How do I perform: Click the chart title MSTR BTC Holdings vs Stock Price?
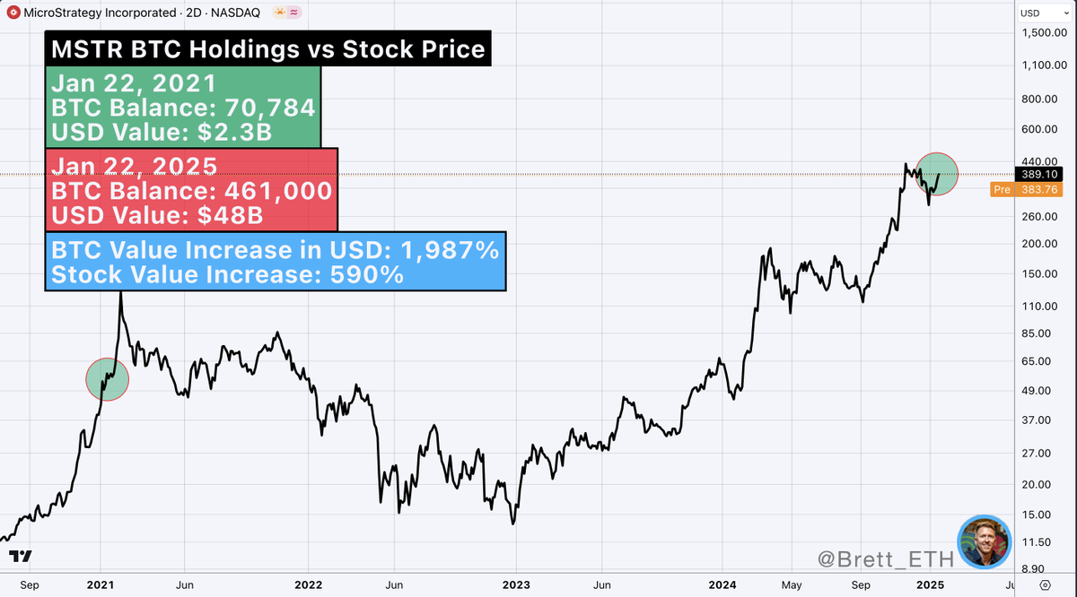(267, 48)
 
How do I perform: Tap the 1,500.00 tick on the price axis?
(1042, 33)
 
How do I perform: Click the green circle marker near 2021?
(108, 378)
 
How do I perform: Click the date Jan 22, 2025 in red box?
(134, 166)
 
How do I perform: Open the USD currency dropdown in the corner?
(1041, 13)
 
